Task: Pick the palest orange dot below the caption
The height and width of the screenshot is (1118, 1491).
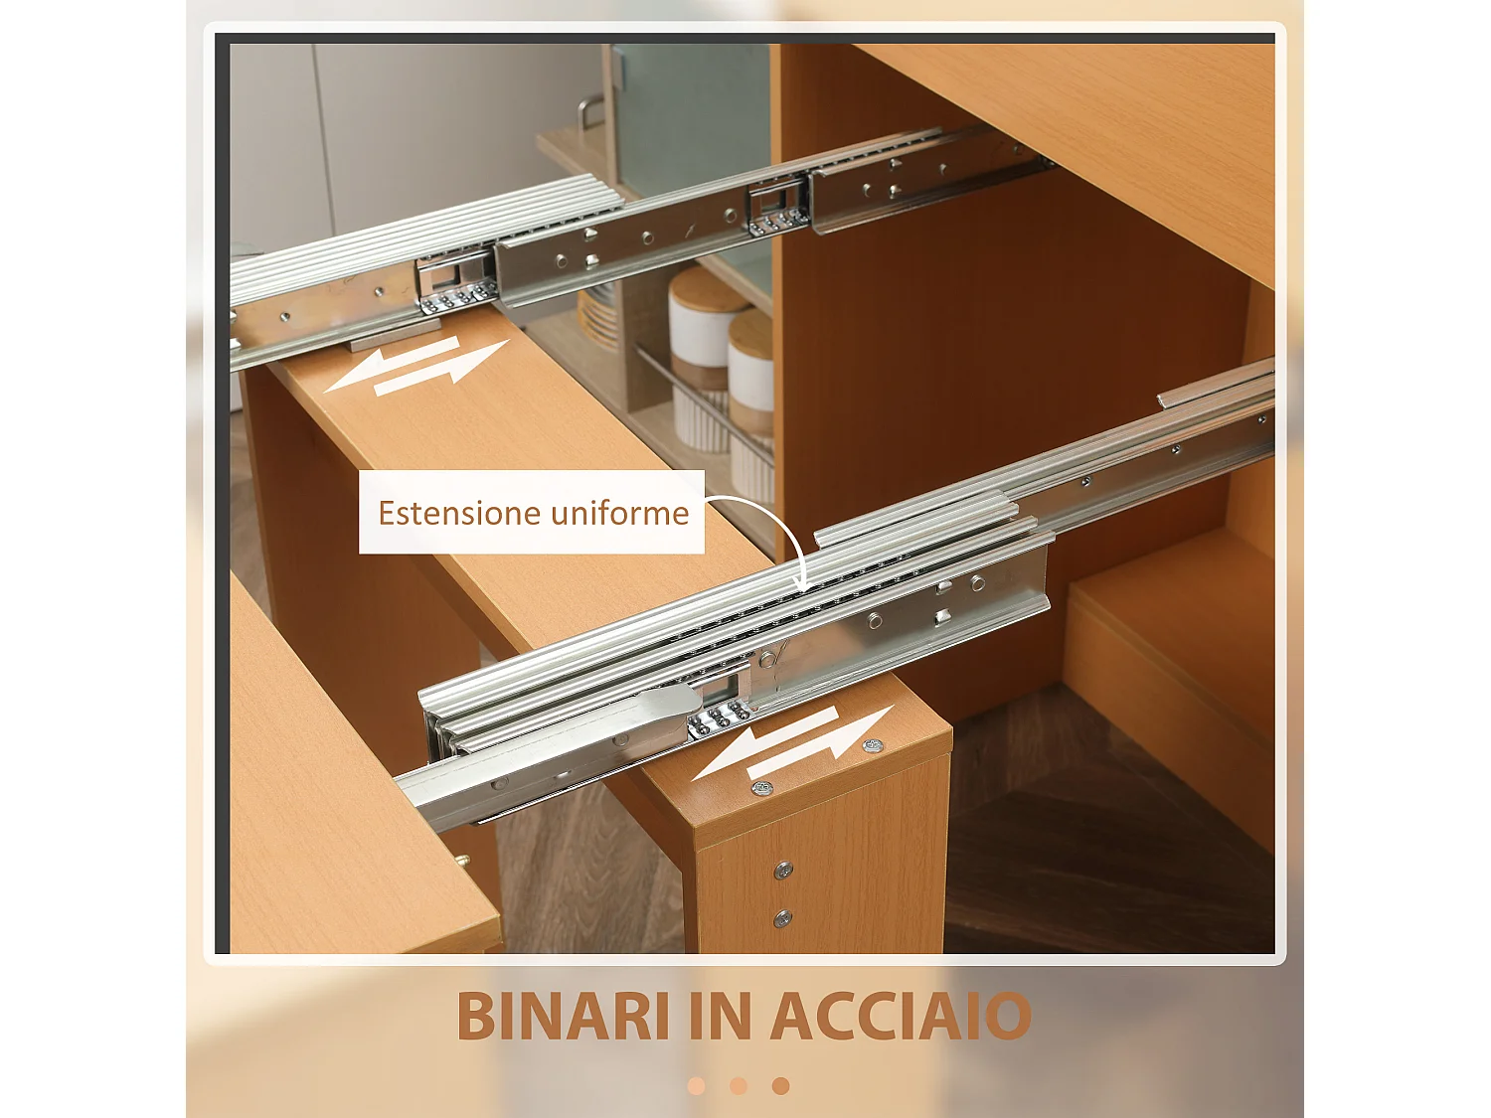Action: click(x=697, y=1086)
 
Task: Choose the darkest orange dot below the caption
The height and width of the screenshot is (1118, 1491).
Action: click(x=781, y=1086)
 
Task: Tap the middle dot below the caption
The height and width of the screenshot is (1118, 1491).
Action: click(x=739, y=1086)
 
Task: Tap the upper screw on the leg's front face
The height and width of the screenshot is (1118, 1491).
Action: click(x=783, y=871)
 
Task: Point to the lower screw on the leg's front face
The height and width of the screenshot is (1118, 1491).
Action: click(x=783, y=917)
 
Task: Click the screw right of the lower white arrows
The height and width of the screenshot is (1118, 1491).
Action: click(x=873, y=744)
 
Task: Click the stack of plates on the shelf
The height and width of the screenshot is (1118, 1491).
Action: click(x=598, y=316)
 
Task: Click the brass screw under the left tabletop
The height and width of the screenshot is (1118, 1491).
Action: click(x=462, y=861)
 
